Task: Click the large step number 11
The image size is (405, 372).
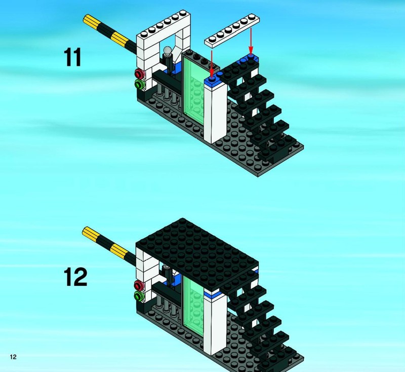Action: [72, 57]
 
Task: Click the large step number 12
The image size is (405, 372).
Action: [75, 277]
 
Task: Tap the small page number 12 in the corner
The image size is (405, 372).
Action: [13, 357]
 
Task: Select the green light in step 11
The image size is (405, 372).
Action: [139, 84]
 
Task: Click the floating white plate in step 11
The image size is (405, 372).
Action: [234, 32]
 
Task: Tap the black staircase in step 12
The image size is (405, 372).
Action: [258, 319]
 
